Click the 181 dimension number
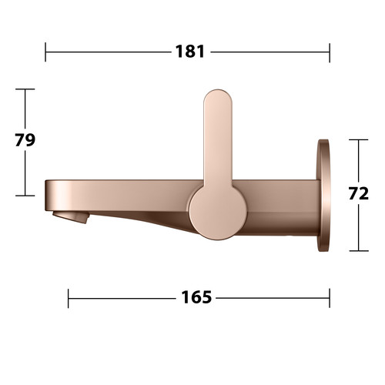pyautogui.click(x=190, y=52)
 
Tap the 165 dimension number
pyautogui.click(x=196, y=297)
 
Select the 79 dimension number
pyautogui.click(x=25, y=140)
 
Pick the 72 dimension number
pyautogui.click(x=359, y=193)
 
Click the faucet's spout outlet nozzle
pyautogui.click(x=71, y=217)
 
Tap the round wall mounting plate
pyautogui.click(x=323, y=196)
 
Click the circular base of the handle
pyautogui.click(x=218, y=212)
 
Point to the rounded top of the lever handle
pyautogui.click(x=218, y=99)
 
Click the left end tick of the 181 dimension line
pyautogui.click(x=45, y=52)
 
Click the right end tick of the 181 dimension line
pyautogui.click(x=330, y=52)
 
